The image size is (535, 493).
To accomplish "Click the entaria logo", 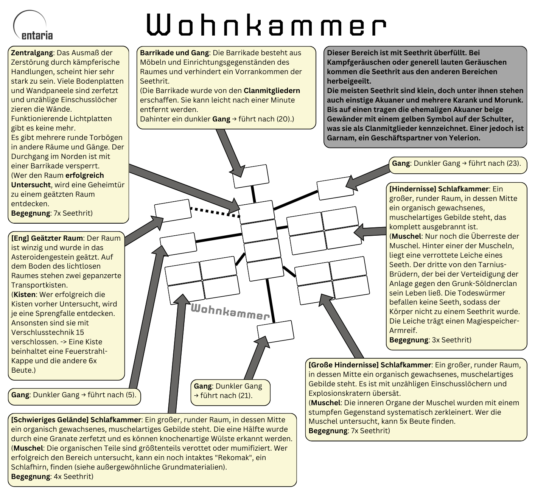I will point(33,26).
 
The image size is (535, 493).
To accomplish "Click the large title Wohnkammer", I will point(266,26).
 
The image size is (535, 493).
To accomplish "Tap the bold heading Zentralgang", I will point(32,53).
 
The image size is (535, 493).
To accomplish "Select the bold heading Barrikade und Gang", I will point(174,53).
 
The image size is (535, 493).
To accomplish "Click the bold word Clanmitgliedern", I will point(272,90).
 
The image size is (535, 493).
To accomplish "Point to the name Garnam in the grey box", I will point(340,138).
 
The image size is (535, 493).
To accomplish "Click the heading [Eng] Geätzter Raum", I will point(47,238).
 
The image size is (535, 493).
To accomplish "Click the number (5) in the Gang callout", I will point(131,395).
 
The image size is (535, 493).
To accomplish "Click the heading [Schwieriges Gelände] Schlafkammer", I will point(76,420).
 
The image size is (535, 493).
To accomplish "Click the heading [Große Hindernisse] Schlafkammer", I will point(370,365).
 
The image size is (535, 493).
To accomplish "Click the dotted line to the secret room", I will point(215,212).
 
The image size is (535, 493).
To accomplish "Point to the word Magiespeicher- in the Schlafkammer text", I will point(491,321).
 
